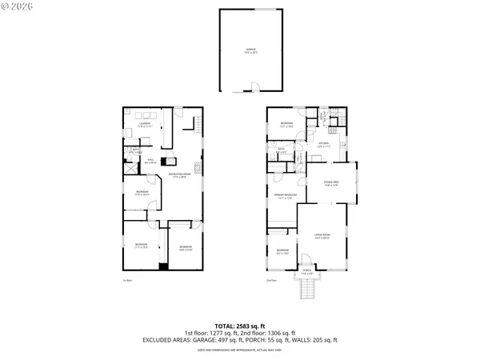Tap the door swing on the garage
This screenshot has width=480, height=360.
[x=254, y=86]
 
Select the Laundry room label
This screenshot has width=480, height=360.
[x=145, y=125]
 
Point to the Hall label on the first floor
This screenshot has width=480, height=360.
[x=150, y=161]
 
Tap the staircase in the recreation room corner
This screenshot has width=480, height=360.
[x=195, y=122]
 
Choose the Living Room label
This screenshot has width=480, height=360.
[x=322, y=236]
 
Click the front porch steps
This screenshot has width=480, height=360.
[x=305, y=290]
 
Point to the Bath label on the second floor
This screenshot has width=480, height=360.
[x=282, y=150]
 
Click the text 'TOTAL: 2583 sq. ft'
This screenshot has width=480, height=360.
[x=240, y=326]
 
